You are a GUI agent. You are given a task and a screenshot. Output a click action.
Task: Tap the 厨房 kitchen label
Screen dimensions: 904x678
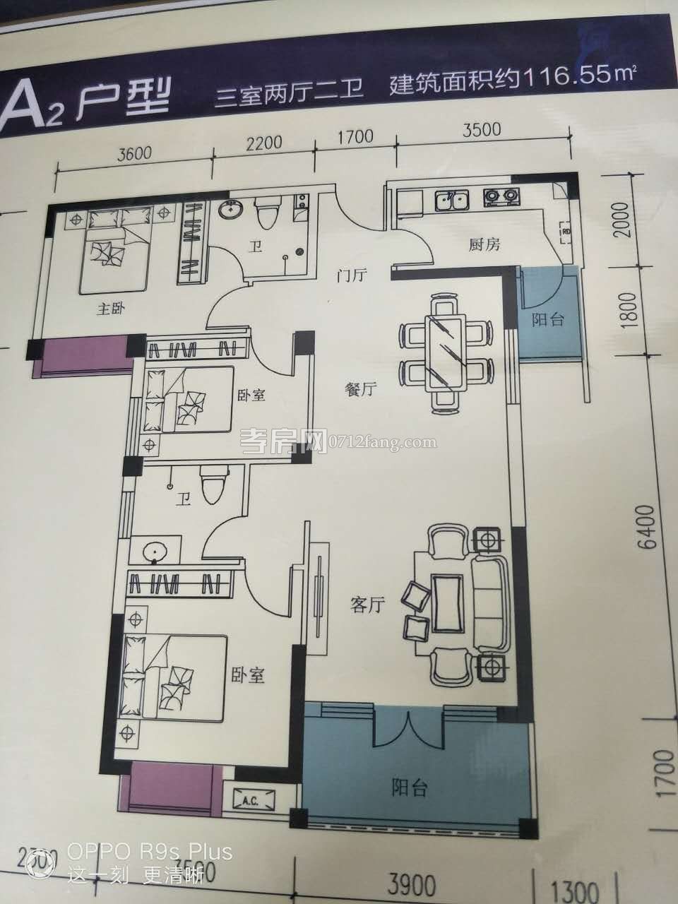pos(484,245)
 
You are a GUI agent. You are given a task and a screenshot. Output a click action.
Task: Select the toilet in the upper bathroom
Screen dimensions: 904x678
pos(267,211)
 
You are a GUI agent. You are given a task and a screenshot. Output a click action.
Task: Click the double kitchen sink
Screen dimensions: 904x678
pos(450,200)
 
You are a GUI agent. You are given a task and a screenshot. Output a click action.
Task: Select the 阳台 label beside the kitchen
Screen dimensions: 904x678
pos(548,319)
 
